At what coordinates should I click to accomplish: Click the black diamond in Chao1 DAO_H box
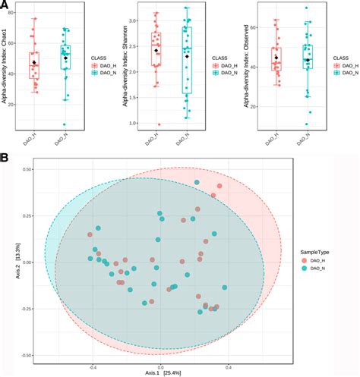click(x=34, y=63)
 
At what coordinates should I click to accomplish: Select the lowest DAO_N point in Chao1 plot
click(x=65, y=124)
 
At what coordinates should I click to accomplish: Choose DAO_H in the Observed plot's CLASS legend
click(x=346, y=66)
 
